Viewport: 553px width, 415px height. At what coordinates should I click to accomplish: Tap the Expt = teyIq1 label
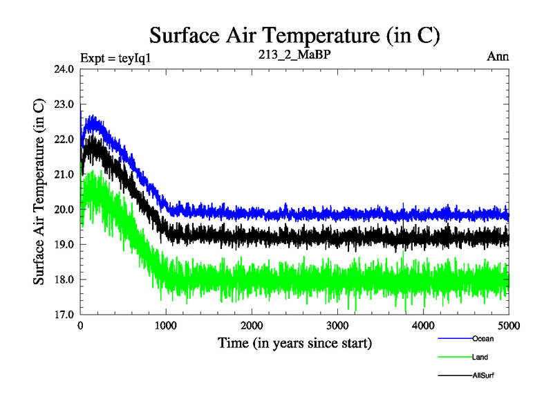click(115, 57)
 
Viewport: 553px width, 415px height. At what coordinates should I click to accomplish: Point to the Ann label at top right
click(498, 57)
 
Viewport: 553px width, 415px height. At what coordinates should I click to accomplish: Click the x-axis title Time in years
click(294, 342)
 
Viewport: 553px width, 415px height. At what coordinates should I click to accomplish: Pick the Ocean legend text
click(483, 339)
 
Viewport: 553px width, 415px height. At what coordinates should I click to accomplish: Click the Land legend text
click(480, 357)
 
